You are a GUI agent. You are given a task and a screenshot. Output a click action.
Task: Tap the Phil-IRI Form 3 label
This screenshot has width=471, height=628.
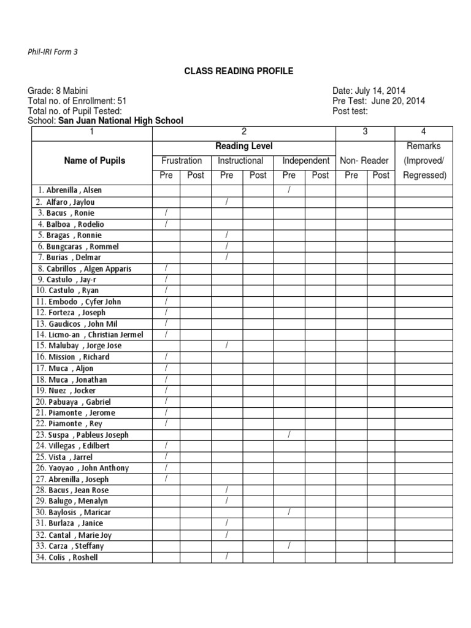coord(53,52)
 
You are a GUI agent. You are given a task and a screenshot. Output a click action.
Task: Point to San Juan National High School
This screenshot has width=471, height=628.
coord(120,121)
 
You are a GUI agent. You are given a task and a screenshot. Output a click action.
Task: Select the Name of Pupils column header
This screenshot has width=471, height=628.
coord(94,161)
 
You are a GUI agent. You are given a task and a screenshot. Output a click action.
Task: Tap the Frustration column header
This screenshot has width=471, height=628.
coord(181,161)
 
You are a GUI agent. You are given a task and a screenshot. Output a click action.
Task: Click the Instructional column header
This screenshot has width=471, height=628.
coord(240,161)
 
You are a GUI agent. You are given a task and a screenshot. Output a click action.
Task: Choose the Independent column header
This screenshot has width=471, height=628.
coord(305,161)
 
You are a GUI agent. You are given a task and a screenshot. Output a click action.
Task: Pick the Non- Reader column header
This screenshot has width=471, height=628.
coord(364,161)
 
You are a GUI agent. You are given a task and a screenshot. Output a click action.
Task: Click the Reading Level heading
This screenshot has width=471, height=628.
coord(243,146)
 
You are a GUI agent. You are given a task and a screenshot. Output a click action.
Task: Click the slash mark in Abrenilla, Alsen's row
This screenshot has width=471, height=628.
coord(289,191)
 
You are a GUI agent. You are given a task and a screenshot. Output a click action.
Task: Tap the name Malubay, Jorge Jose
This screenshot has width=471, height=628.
coord(79,346)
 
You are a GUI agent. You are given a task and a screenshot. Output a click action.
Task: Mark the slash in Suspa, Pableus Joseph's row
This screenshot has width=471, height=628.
coord(289,435)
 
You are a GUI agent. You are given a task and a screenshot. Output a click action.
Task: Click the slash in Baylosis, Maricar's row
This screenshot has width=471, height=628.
coord(289,512)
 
